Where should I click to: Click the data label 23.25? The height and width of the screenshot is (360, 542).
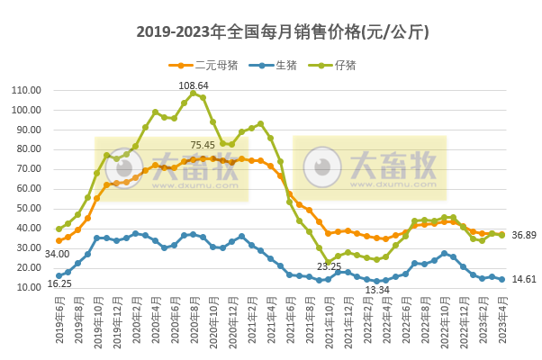pyautogui.click(x=329, y=266)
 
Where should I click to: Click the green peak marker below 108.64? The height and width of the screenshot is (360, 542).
pyautogui.click(x=194, y=94)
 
